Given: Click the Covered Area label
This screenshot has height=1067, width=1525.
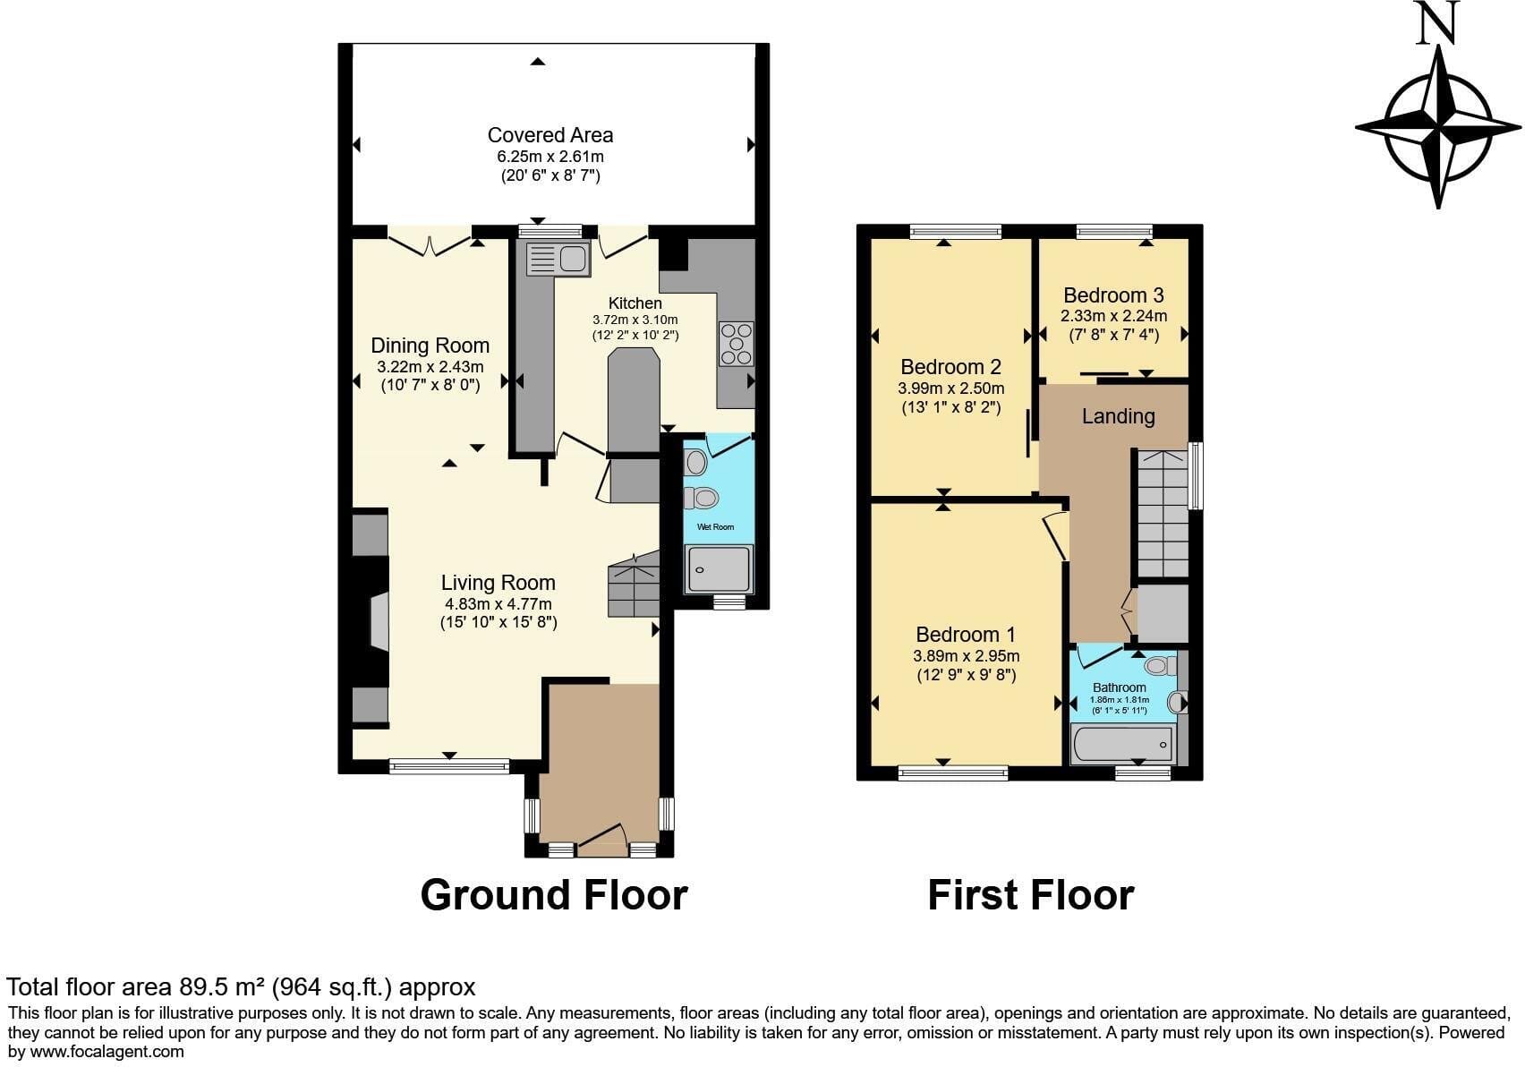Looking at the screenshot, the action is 550,135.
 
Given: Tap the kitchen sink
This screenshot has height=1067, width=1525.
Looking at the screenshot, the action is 558,259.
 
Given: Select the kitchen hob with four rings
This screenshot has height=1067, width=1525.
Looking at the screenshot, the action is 737,344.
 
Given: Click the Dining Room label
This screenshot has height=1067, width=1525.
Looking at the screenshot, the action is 430,346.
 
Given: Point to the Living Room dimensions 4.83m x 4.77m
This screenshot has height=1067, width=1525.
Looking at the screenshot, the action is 498,604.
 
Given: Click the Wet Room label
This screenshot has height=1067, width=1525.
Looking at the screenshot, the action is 716,526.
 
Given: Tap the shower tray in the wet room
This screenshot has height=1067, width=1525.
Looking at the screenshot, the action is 720,568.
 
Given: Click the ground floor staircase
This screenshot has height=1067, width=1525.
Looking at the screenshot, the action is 634,585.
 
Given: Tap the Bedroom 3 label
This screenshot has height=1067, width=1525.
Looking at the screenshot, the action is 1114,294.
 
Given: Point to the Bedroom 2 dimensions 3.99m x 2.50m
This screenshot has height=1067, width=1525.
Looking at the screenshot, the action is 951,388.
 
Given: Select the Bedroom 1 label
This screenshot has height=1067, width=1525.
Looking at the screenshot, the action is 966,634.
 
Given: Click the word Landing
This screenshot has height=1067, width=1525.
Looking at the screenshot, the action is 1119,416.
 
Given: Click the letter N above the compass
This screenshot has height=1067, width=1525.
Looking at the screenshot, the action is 1436,23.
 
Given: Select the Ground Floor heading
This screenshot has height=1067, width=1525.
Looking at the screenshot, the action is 554,894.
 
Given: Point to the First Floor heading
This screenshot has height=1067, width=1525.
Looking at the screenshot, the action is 1031,894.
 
